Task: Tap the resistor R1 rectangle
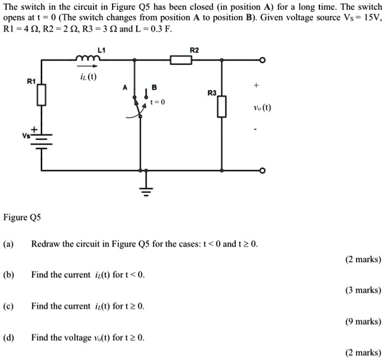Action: click(x=41, y=95)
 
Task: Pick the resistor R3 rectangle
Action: click(x=222, y=106)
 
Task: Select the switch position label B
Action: click(x=154, y=88)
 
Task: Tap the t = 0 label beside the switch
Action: click(x=158, y=103)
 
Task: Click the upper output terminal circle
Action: click(x=262, y=61)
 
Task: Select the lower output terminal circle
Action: click(x=262, y=170)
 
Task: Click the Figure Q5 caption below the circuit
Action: click(x=24, y=218)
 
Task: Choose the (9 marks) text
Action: click(x=363, y=321)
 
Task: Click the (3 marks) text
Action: click(x=363, y=289)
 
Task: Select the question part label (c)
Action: click(x=9, y=306)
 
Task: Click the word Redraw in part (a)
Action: click(x=45, y=243)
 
